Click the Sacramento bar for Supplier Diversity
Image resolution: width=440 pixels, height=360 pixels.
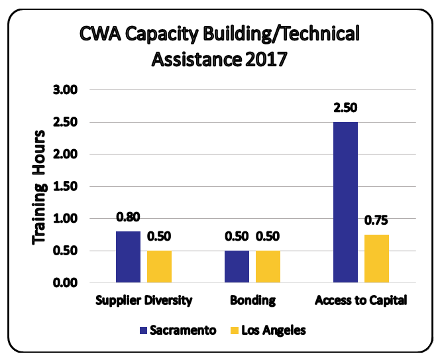click(128, 257)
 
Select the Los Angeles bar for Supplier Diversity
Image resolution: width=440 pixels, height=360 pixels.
click(159, 267)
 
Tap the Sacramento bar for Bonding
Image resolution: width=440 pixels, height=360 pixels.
click(237, 267)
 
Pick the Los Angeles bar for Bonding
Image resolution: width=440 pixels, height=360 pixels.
click(268, 267)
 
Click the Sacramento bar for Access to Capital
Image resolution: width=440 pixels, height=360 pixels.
click(345, 202)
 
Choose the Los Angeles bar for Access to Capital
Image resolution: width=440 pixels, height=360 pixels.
click(376, 259)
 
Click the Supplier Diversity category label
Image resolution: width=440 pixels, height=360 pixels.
click(144, 300)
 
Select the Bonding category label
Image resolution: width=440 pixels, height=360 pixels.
click(252, 300)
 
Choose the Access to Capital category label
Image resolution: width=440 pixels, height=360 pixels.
click(360, 300)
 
